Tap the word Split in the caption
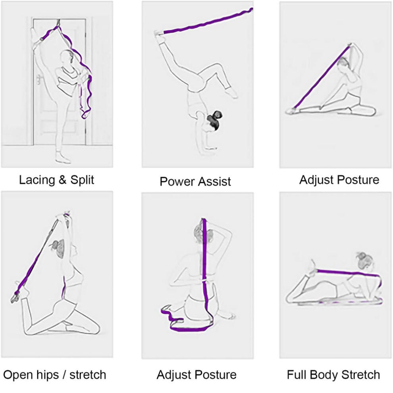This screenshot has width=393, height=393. (82, 180)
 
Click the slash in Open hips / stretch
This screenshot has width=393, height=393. (65, 375)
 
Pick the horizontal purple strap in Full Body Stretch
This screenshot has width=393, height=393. (349, 273)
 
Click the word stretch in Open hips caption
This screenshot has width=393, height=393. (88, 375)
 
